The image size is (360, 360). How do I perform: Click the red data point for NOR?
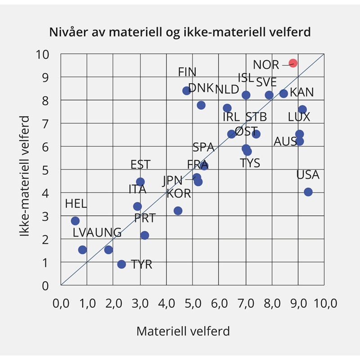[293, 63]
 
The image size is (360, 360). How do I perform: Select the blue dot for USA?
[308, 192]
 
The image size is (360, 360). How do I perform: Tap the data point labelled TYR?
[121, 264]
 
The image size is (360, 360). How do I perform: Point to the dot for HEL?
[75, 221]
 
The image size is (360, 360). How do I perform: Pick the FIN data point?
[186, 91]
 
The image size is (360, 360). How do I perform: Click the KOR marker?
[178, 211]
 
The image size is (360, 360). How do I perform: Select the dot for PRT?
[144, 235]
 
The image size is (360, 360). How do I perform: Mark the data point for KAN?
[283, 94]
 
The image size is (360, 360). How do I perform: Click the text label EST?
[140, 164]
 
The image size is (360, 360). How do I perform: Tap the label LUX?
[299, 117]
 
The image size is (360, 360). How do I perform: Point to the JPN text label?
[172, 181]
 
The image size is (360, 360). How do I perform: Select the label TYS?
[250, 163]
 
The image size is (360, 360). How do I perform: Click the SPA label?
[203, 147]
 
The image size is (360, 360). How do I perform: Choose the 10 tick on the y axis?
[47, 54]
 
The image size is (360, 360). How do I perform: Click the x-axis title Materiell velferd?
[183, 332]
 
